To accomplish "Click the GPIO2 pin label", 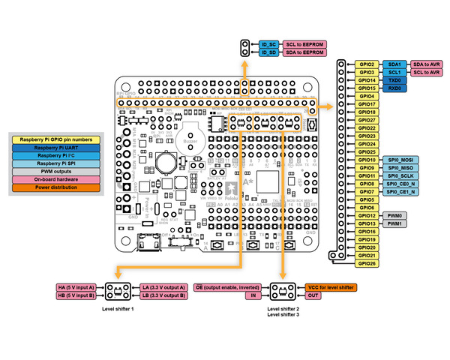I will tap(367, 64).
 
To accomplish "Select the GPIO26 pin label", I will tap(367, 263).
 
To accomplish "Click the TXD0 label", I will tap(394, 80).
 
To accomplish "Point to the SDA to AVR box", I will tap(427, 64).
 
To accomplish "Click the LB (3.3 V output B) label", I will tap(161, 296).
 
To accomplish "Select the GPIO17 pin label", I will tap(367, 104).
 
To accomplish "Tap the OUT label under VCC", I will tap(313, 296).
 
